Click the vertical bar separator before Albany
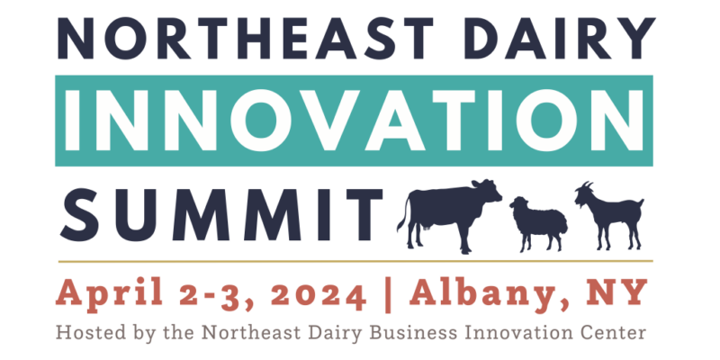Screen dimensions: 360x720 coord(387,293)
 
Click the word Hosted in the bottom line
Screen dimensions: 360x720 coord(85,332)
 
